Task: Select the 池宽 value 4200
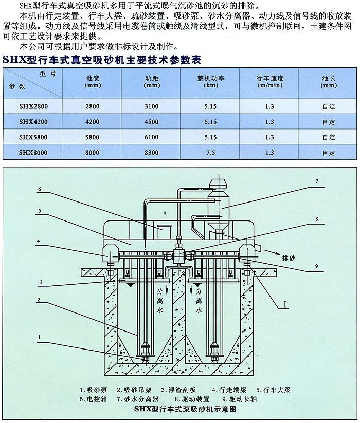coord(93,122)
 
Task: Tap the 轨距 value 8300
coord(152,153)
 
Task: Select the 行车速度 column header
coord(270,82)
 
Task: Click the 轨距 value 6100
coord(152,137)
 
